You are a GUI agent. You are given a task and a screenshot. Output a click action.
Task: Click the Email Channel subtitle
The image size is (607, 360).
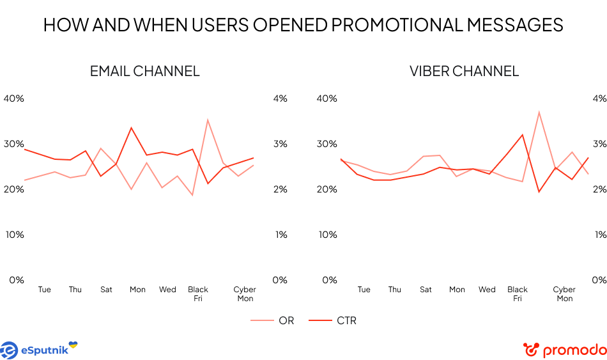coord(144,71)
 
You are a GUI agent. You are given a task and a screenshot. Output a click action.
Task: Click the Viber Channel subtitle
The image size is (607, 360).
coord(464,71)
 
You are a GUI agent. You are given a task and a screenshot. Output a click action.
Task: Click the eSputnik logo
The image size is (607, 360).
coord(38,349)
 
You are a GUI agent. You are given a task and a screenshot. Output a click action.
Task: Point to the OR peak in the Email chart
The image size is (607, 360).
coord(208,120)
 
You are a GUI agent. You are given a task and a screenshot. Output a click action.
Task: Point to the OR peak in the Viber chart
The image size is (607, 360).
coord(539,112)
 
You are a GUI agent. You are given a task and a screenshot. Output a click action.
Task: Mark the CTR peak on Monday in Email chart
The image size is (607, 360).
coord(131,128)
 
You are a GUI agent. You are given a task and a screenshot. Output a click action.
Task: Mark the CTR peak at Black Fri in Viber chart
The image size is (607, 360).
coord(523,134)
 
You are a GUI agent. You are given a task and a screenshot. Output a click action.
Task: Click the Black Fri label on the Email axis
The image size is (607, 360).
coord(198,294)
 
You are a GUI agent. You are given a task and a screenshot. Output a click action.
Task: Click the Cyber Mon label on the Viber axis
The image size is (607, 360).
coord(565,294)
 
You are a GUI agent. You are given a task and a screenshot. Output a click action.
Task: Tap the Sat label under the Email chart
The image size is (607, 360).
coord(106,290)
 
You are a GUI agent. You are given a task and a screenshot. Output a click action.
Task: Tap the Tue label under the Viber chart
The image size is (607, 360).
coord(364,290)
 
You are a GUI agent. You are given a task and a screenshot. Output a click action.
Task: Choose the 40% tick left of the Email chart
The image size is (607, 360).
coord(14,98)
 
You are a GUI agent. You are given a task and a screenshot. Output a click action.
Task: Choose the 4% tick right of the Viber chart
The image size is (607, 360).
coord(599,98)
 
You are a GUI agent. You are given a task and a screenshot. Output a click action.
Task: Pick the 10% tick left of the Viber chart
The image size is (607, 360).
coord(327,235)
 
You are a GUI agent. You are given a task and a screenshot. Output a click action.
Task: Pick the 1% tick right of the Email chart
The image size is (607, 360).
coord(280,235)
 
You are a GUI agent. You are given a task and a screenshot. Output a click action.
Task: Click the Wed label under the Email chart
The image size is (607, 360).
coord(167,290)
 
